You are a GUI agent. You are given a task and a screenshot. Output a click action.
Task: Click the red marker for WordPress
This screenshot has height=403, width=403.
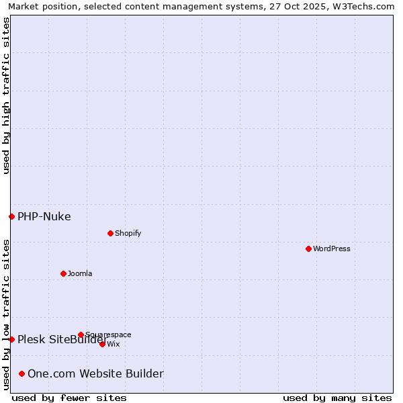pos(308,249)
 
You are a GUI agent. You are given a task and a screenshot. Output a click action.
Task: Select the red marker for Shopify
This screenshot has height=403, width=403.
pos(110,233)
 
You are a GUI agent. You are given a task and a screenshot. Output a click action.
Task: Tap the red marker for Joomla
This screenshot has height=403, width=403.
pos(63,273)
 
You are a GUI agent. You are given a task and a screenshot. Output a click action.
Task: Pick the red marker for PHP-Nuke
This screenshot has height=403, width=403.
pos(11,216)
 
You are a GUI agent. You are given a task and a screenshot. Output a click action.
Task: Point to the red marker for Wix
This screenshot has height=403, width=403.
pos(102,344)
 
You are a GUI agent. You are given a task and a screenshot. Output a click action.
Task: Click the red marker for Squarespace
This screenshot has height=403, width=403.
pos(81,334)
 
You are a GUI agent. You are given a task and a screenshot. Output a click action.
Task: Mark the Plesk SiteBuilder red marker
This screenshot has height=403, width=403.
pos(11,339)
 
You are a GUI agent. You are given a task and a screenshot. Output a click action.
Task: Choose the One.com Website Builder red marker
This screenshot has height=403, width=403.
pos(21,373)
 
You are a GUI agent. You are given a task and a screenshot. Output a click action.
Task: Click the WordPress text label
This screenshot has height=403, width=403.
pos(332,249)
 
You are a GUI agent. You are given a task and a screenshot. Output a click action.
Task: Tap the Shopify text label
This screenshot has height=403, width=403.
pos(128,233)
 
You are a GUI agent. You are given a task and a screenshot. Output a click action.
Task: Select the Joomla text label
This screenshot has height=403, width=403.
pos(80,273)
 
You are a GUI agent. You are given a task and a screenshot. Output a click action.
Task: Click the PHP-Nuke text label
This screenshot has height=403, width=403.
pos(44,216)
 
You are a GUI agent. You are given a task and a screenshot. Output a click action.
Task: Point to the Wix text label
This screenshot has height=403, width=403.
pos(114,344)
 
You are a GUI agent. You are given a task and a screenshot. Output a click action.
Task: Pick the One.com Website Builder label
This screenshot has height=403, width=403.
pos(95,373)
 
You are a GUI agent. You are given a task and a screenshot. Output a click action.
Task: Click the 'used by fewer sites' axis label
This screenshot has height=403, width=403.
pos(69,398)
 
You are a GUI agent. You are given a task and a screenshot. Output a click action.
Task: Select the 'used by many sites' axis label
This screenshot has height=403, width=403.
pos(337,398)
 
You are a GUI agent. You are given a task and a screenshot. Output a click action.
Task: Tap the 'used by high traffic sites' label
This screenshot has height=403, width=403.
pos(6,95)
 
